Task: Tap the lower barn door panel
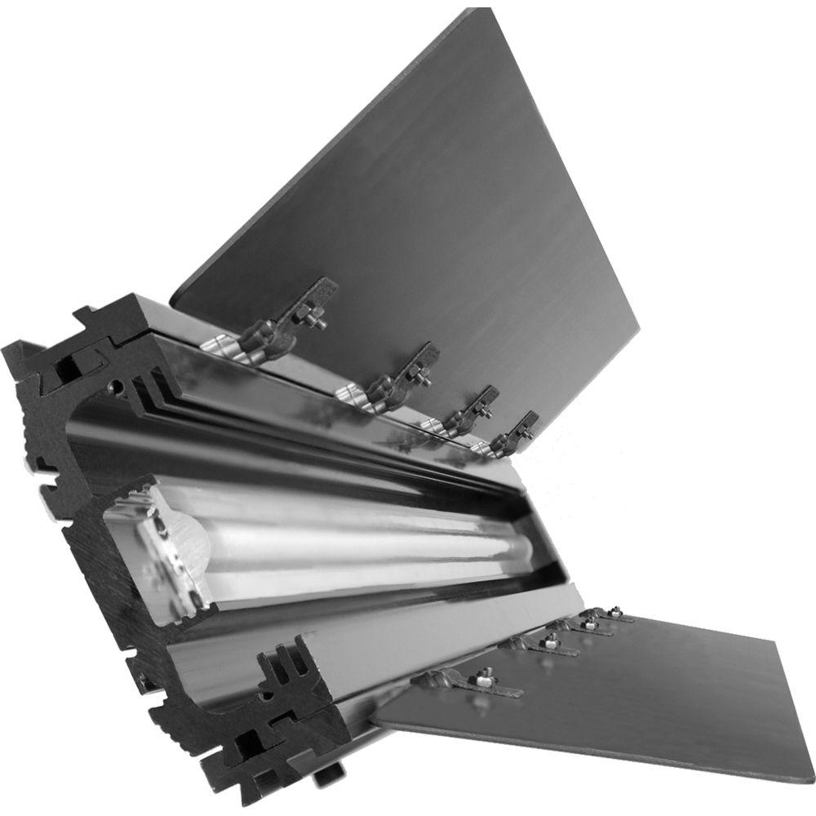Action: (x=620, y=694)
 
